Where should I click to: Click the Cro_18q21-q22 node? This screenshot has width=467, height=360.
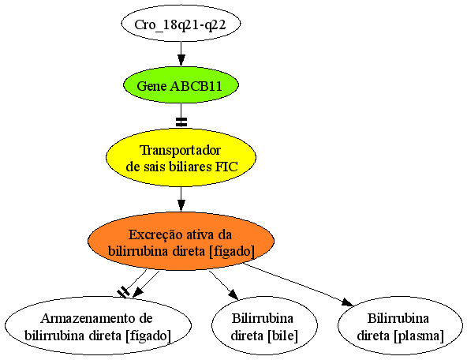[181, 24]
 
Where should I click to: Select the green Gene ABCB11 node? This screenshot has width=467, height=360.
[181, 85]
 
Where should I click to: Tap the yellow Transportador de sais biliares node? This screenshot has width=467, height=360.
[181, 158]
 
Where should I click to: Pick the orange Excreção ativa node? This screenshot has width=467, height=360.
[181, 242]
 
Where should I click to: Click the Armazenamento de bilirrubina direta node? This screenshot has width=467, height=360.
[98, 325]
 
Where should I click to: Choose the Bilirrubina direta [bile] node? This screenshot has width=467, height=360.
[264, 325]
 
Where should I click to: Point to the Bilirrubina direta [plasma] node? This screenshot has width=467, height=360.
[400, 325]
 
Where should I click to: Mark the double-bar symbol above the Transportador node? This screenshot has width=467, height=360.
[181, 122]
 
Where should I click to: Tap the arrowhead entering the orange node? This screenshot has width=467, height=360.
[181, 206]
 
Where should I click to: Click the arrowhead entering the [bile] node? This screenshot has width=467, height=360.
[233, 294]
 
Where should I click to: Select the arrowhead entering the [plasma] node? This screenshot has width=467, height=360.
[348, 302]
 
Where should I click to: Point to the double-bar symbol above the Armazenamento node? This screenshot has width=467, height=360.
[123, 292]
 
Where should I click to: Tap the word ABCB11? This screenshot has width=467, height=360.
[196, 86]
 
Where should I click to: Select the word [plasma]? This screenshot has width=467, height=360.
[419, 336]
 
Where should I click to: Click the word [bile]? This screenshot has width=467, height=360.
[282, 336]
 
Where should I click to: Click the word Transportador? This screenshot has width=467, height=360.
[181, 151]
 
